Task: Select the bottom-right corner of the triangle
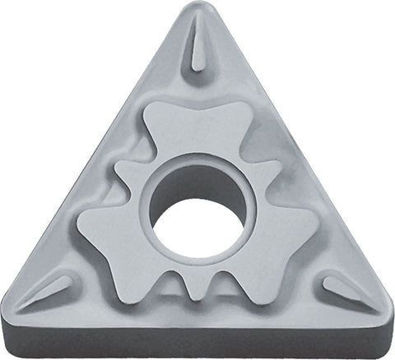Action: coord(384,321)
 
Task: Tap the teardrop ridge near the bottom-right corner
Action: coord(346,288)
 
